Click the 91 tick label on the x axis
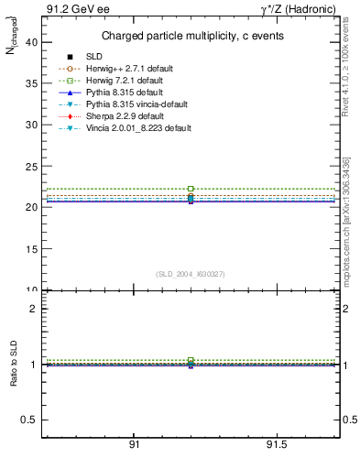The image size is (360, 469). [134, 444]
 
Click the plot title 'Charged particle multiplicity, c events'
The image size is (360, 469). [191, 36]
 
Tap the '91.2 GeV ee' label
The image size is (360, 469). [71, 9]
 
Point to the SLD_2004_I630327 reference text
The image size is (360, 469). [191, 274]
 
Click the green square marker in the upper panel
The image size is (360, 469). [191, 189]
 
